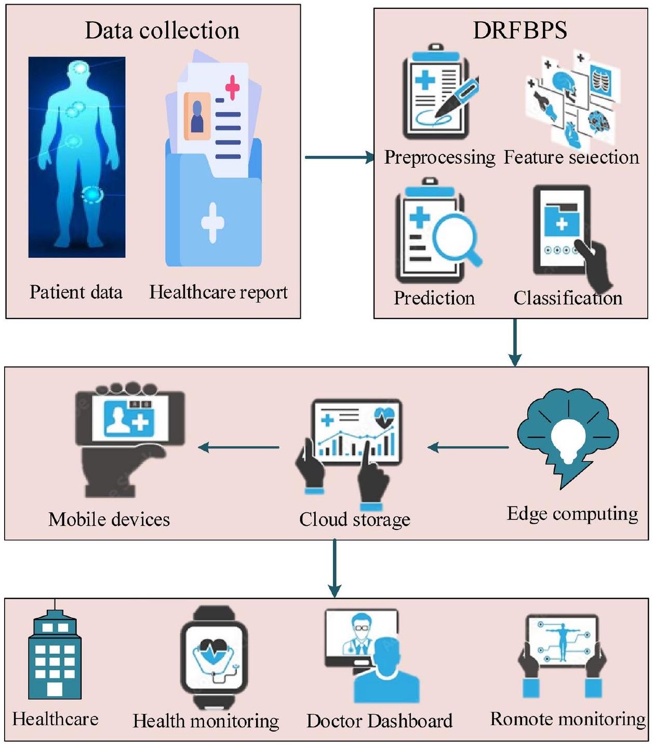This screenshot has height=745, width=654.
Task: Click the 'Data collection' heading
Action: (x=162, y=31)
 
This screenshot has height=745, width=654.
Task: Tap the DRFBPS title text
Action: (x=519, y=31)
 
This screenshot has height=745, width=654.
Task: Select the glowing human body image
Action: (x=77, y=157)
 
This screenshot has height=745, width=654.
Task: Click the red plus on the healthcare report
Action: (x=232, y=87)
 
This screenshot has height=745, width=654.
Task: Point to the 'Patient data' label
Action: (x=76, y=292)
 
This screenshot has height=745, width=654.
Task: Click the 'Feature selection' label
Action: (x=571, y=157)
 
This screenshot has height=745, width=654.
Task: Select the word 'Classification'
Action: (x=568, y=298)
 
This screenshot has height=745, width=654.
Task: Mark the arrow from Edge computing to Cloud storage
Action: (x=468, y=447)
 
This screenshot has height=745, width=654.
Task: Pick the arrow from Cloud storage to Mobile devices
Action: (x=239, y=447)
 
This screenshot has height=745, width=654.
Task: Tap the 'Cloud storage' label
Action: (x=355, y=520)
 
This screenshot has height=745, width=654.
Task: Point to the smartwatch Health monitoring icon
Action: (x=214, y=657)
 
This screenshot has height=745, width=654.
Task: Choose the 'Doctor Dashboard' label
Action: (x=379, y=721)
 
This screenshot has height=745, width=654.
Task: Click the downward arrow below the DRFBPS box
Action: (x=515, y=342)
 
